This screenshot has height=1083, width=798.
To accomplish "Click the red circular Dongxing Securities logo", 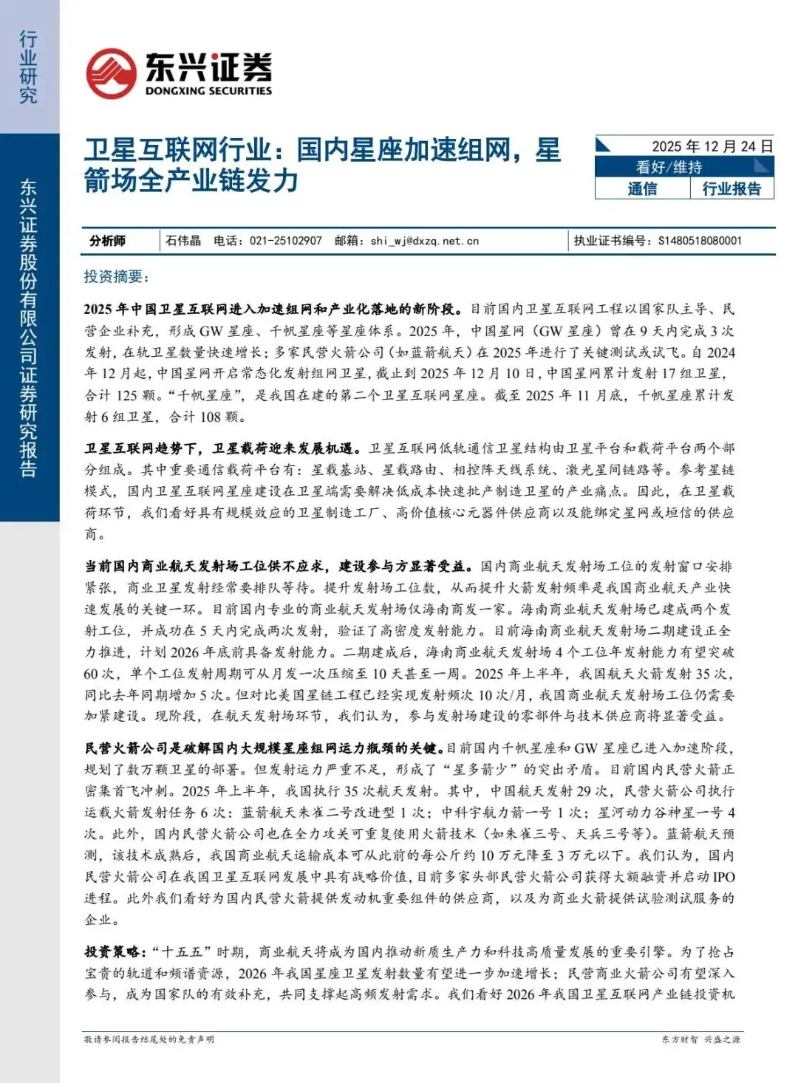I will coord(111,74).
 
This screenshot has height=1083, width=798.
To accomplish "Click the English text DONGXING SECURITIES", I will coord(208,91).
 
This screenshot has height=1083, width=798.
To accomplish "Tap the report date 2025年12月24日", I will coord(712,146).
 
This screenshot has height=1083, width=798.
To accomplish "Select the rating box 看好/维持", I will coord(669,168).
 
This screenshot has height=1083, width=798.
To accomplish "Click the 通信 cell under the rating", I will coord(642,189).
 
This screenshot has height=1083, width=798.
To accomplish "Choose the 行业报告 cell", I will coord(731,189).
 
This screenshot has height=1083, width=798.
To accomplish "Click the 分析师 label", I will coord(108,241).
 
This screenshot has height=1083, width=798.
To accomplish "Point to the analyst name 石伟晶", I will coord(183,241).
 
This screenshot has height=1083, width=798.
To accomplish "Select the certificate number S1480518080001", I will coord(699,241).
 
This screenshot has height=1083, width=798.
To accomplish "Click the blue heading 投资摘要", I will coord(116,277).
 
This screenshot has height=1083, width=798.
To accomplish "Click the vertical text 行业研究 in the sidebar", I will coord(28,67).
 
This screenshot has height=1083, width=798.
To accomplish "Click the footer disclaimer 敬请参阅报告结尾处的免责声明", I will coord(149,1039).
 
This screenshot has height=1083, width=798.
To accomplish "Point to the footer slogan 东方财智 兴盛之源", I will coord(700,1039).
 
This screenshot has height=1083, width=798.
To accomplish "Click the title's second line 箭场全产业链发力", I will coord(191,181).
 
